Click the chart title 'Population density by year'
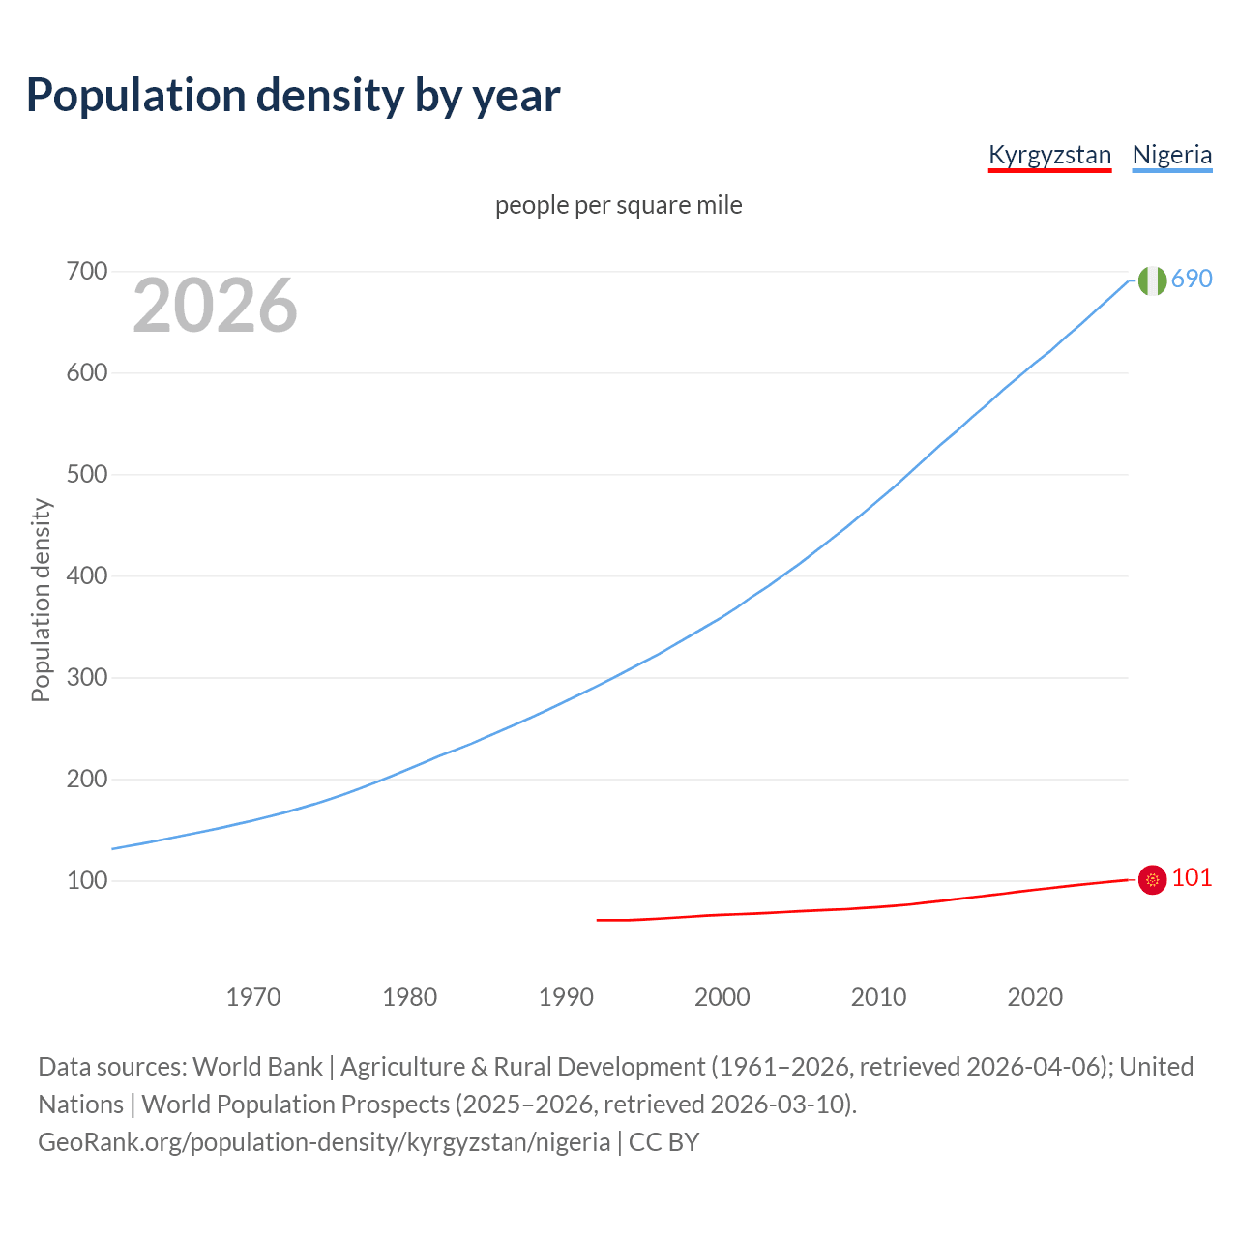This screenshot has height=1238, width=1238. [x=293, y=96]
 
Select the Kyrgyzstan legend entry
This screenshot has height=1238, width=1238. [x=1049, y=155]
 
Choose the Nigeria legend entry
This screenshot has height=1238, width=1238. [x=1171, y=155]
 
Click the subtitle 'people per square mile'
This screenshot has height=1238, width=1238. [x=618, y=205]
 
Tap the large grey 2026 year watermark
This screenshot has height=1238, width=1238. [x=215, y=306]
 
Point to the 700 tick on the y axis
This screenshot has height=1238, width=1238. [x=86, y=271]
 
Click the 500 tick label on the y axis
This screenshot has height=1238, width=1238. [x=86, y=474]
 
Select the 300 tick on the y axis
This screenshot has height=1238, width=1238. [x=86, y=677]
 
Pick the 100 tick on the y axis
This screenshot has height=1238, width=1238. [x=86, y=880]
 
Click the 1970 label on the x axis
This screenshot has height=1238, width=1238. [x=253, y=996]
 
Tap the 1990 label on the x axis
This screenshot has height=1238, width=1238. [x=566, y=996]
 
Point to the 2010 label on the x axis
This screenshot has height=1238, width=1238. [x=878, y=996]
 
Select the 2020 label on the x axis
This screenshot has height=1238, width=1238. [x=1035, y=996]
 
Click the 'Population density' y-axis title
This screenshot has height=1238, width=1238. [x=41, y=600]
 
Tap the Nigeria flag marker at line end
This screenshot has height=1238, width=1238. [x=1152, y=280]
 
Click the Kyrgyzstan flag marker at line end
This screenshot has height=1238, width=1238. [x=1152, y=879]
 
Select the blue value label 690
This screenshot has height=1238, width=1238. [x=1192, y=279]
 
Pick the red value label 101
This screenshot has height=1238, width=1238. [x=1192, y=877]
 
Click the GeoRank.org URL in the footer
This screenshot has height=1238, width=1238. [x=324, y=1142]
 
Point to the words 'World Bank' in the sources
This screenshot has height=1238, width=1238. [x=257, y=1067]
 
